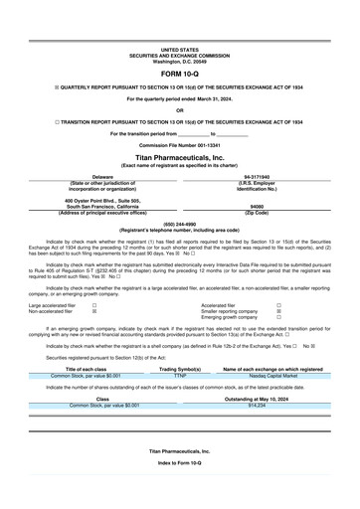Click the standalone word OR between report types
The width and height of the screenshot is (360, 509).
pyautogui.click(x=180, y=110)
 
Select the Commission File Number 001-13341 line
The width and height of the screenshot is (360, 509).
pyautogui.click(x=180, y=144)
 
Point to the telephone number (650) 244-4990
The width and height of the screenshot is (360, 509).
pyautogui.click(x=180, y=224)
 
